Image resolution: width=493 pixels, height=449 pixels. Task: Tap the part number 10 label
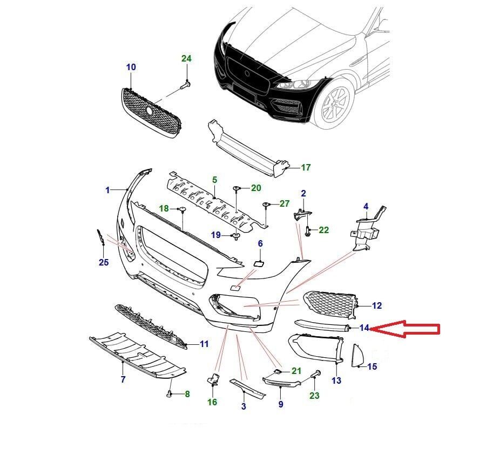pos(131,67)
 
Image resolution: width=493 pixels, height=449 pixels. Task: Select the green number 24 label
pos(186,58)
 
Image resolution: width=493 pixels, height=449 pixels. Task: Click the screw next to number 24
pos(186,85)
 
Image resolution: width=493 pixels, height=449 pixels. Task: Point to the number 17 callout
pos(306,168)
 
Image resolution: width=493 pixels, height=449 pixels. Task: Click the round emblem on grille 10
pos(149,110)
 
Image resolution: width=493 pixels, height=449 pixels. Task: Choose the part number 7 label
pos(123,380)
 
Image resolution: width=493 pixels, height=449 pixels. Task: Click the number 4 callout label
pos(366,207)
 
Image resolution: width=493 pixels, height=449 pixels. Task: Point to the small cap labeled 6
pos(258,263)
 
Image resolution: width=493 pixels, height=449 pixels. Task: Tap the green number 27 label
pos(285,203)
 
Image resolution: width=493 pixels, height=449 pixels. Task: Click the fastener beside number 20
pos(237,188)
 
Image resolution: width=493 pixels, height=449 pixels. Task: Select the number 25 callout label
pos(104,263)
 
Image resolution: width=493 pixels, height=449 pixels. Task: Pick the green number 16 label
pos(212,402)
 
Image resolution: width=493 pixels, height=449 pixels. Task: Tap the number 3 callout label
pos(244,406)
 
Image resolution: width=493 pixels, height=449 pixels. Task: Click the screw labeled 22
pos(307,231)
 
